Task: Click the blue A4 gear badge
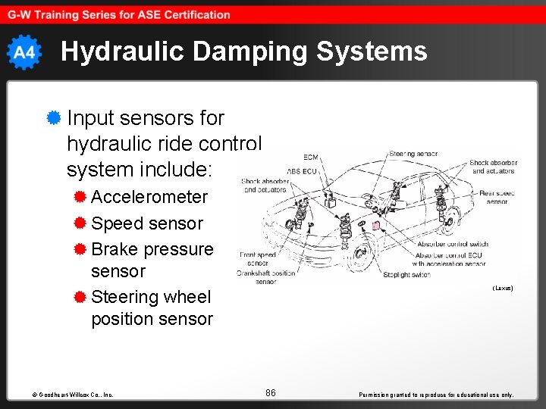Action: (x=24, y=52)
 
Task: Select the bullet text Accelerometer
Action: (x=149, y=197)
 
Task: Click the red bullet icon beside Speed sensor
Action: (x=80, y=223)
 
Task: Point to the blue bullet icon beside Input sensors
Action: (x=53, y=118)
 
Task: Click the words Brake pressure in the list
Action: (x=152, y=249)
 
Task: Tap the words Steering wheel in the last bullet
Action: (x=151, y=297)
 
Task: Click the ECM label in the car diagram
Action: (x=311, y=158)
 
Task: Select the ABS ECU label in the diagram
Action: (x=303, y=170)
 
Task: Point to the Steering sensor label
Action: (x=413, y=154)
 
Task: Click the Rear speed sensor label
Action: (x=497, y=198)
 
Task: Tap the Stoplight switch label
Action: (x=407, y=274)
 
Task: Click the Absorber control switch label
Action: (x=453, y=245)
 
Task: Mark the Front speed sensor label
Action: (x=257, y=259)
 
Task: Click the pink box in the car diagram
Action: (x=375, y=226)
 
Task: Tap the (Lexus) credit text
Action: (x=503, y=288)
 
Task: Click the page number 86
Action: (x=271, y=392)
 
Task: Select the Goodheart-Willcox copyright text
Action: (x=73, y=395)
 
